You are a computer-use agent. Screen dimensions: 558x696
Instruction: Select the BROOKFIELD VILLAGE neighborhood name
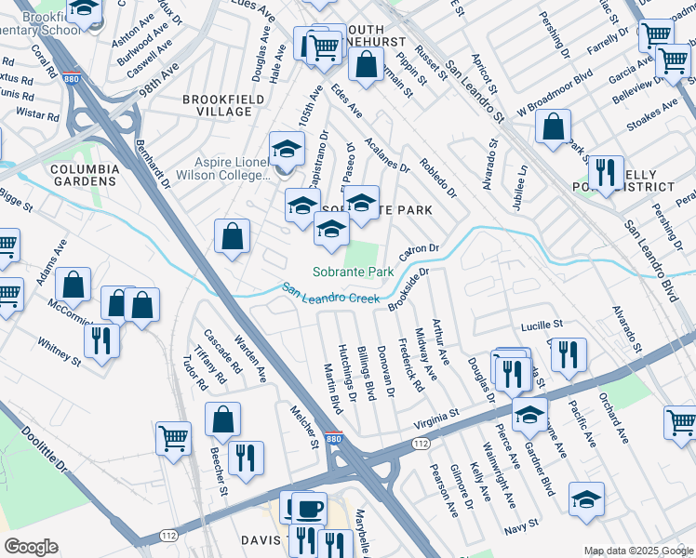(217, 105)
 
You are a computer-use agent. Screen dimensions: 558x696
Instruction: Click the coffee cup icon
(309, 508)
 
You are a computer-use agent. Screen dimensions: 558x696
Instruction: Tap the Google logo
(31, 547)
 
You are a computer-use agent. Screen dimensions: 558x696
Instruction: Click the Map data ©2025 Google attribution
(637, 551)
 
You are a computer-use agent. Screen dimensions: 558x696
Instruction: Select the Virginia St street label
(437, 416)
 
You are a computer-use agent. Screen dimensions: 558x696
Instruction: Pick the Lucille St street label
(544, 325)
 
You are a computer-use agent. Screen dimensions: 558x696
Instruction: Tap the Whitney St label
(60, 350)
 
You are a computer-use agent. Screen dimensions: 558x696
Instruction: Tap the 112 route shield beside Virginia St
(422, 445)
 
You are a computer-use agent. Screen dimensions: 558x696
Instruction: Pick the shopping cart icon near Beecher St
(174, 439)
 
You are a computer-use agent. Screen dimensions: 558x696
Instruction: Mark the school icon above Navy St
(586, 498)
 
